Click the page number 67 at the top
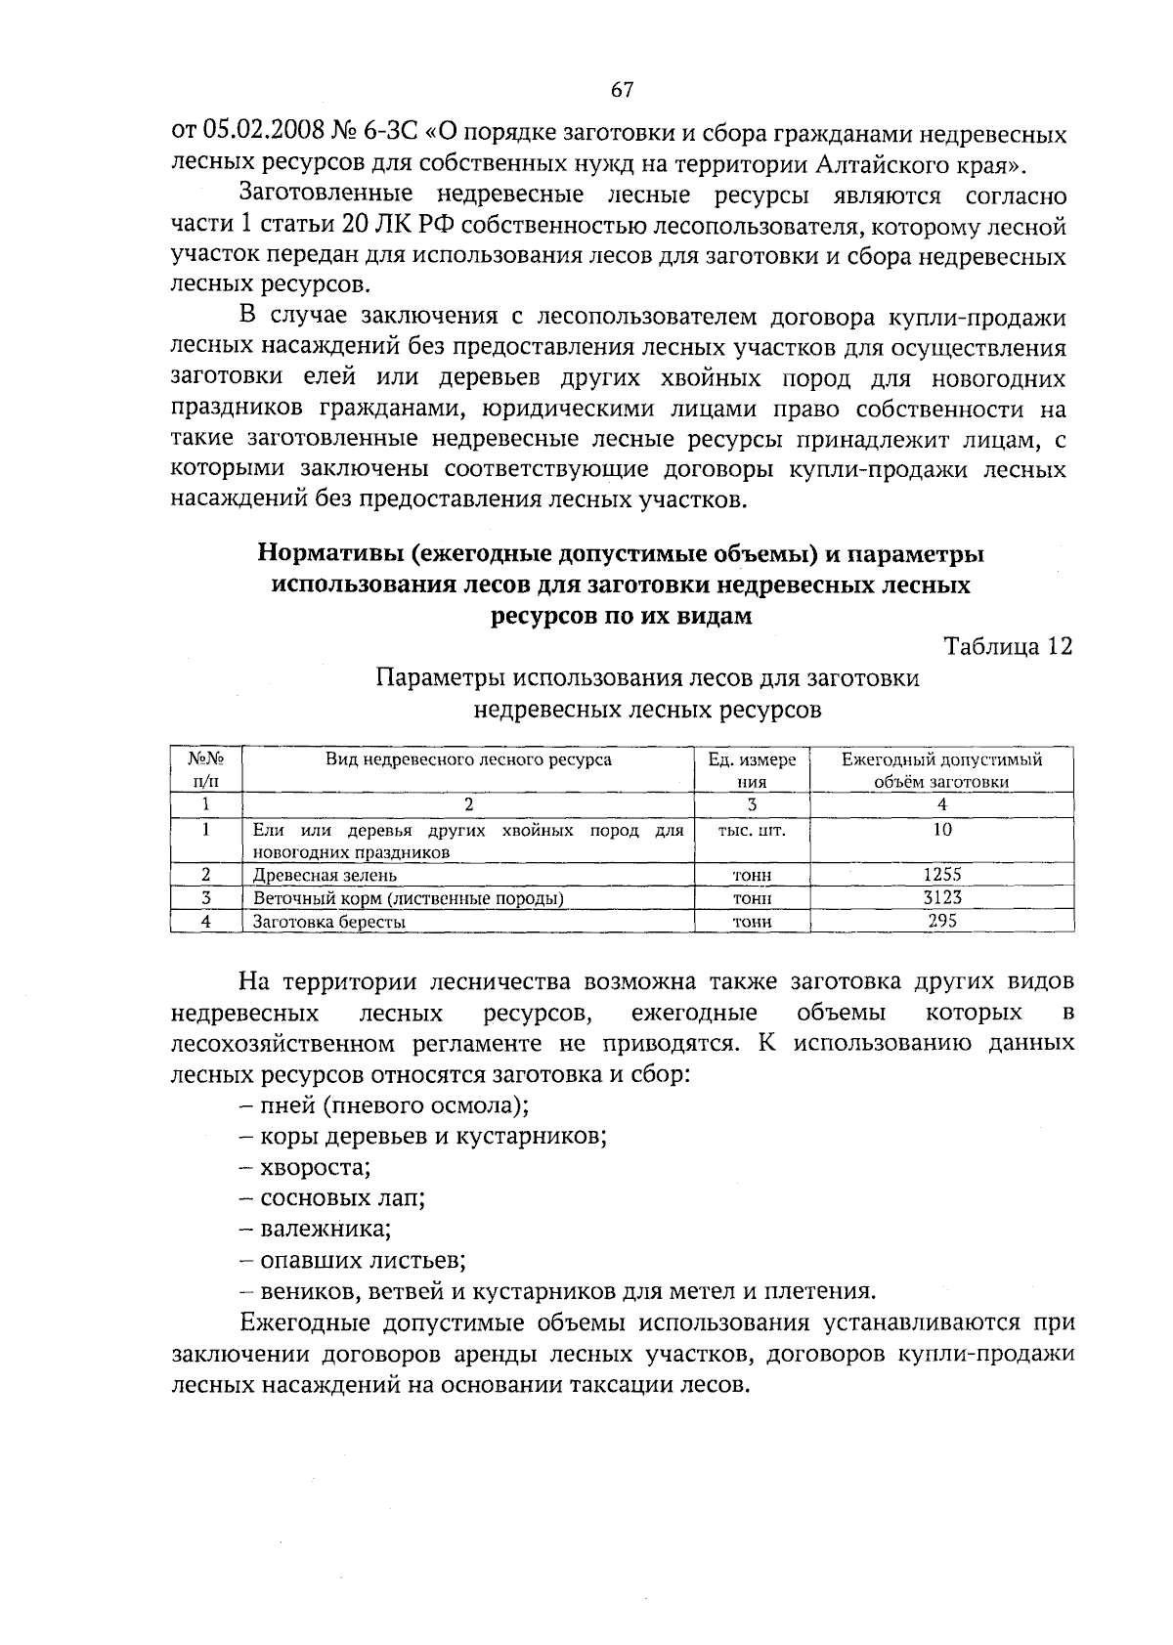[x=623, y=90]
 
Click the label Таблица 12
[x=1008, y=646]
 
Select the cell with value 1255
[x=942, y=875]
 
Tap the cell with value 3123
[x=942, y=897]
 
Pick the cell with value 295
[x=942, y=921]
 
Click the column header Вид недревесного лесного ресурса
[x=468, y=759]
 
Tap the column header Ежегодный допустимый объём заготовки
[x=942, y=770]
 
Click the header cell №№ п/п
[x=206, y=770]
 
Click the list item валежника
[x=313, y=1229]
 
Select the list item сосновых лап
[x=331, y=1197]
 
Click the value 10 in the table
[x=942, y=830]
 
